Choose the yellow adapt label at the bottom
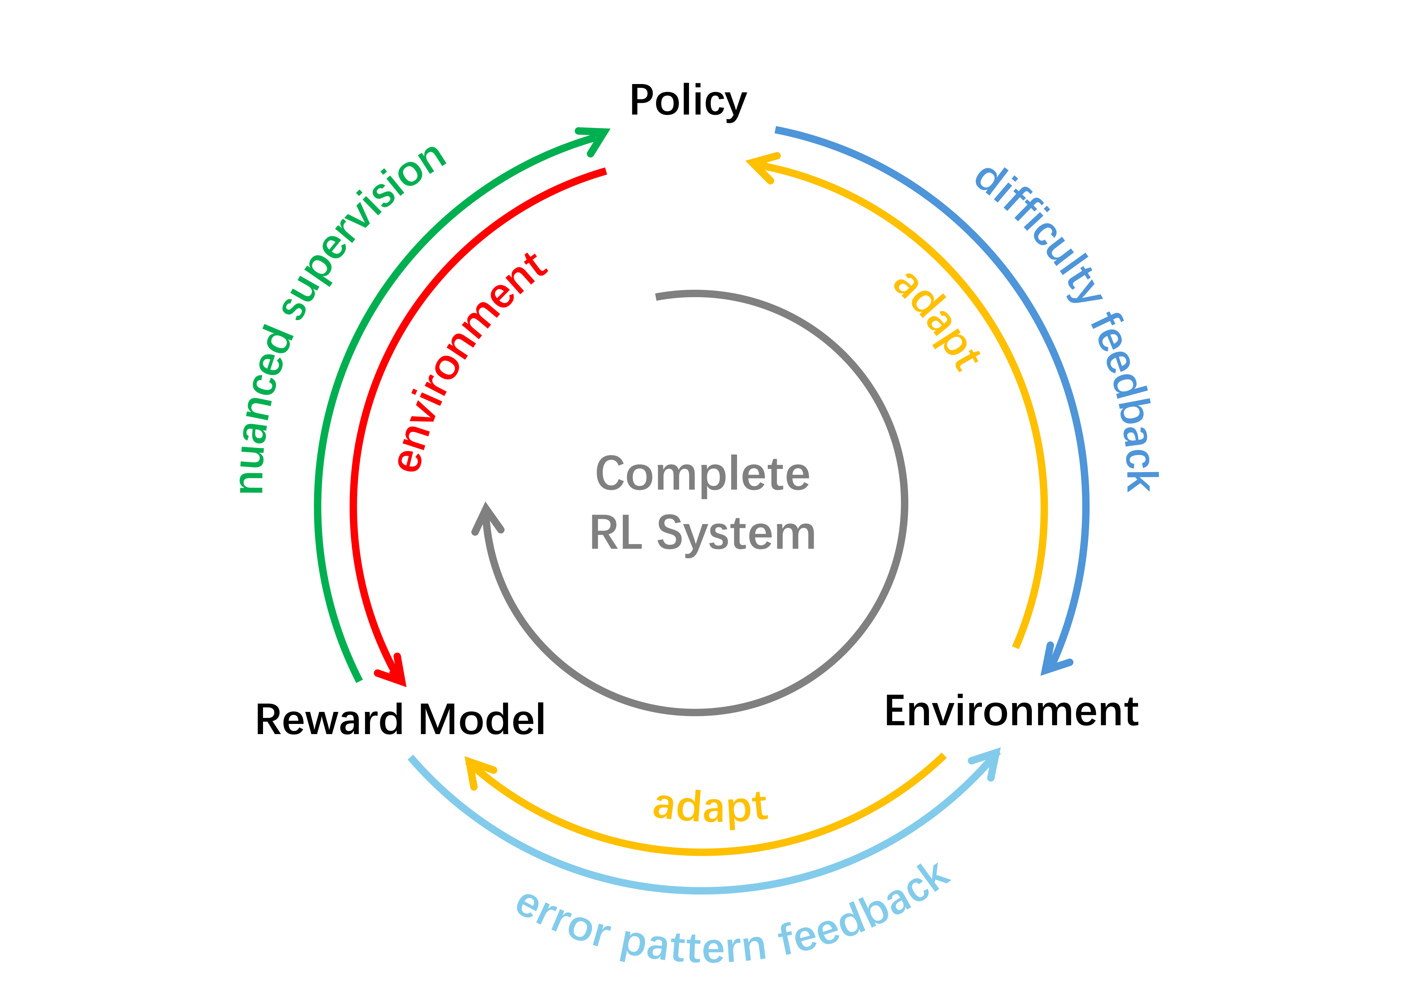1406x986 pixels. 710,807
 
